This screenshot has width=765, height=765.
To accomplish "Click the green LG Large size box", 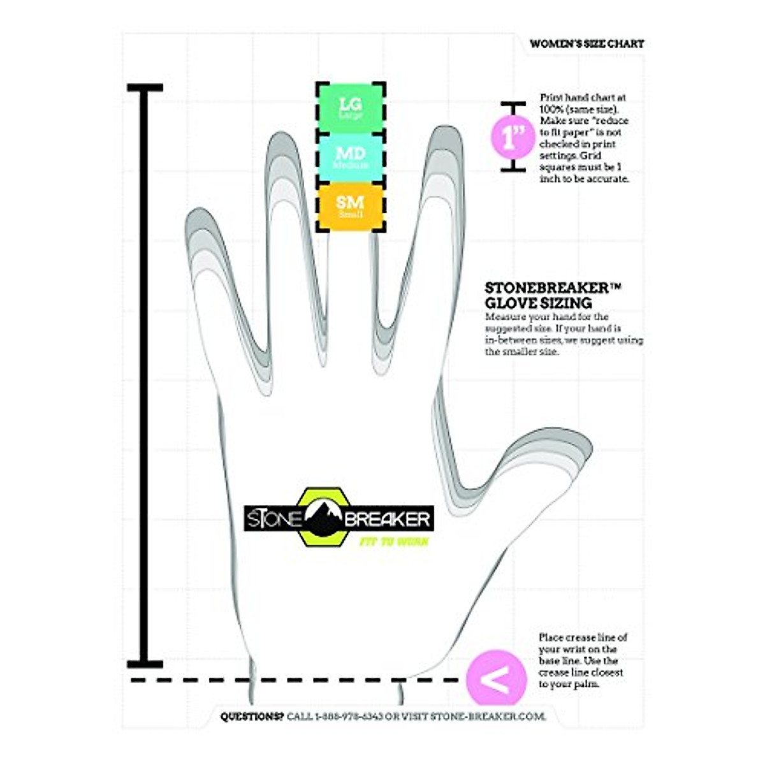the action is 351,107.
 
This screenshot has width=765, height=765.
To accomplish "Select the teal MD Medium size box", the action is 351,157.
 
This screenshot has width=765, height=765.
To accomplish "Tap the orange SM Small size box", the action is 351,206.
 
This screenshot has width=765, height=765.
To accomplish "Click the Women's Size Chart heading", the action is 586,44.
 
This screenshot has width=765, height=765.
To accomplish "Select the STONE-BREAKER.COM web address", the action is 488,717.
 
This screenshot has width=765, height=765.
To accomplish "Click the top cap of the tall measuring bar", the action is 145,87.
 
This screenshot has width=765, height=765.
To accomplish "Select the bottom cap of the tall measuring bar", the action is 145,664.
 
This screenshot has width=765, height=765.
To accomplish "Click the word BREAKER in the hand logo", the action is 388,519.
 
